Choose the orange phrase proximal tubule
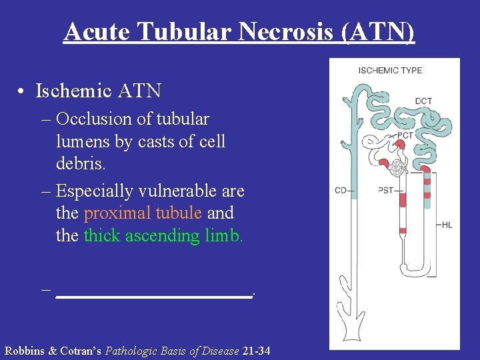click(x=142, y=213)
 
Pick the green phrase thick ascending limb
click(x=163, y=236)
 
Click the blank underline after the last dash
click(x=154, y=292)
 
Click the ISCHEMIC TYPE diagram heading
click(x=390, y=71)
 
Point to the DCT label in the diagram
click(x=423, y=101)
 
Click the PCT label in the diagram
click(x=406, y=135)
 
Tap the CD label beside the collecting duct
click(x=340, y=191)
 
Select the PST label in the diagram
click(x=385, y=191)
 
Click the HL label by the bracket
click(x=447, y=225)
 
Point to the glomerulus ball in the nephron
click(x=397, y=168)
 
